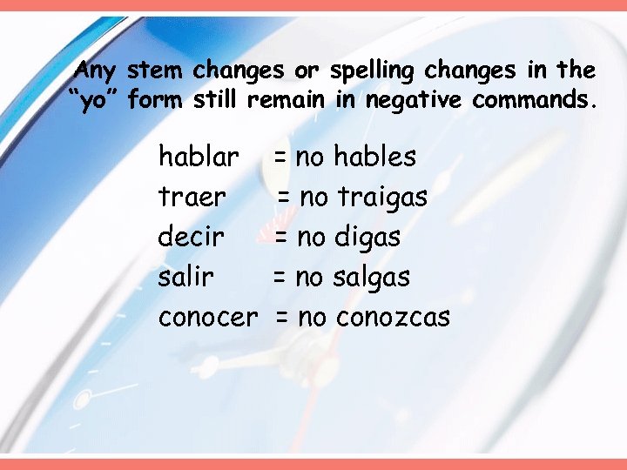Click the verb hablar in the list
(199, 158)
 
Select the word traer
(192, 198)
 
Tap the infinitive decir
(192, 237)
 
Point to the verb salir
(185, 278)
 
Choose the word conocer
(208, 318)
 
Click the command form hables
(375, 158)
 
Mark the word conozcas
(393, 318)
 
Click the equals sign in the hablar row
(281, 158)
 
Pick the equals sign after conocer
(282, 318)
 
